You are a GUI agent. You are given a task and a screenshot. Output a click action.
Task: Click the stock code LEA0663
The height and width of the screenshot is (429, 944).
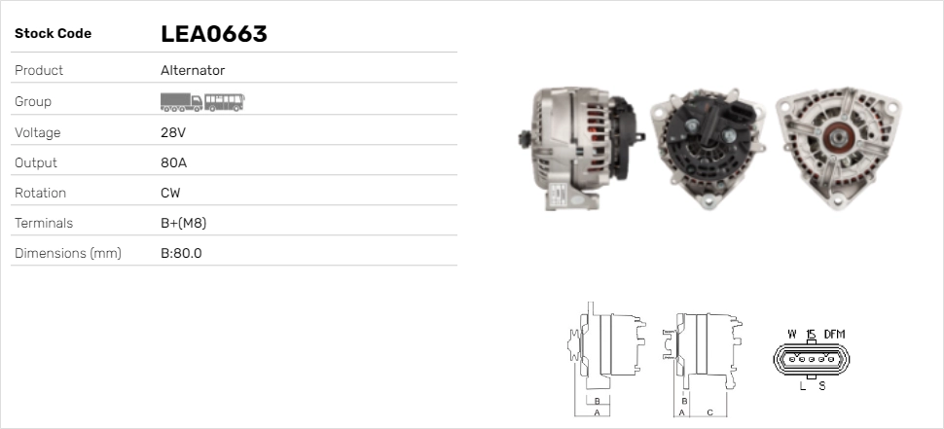tap(214, 34)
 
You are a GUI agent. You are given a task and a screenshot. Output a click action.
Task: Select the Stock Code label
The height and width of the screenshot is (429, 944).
tap(53, 34)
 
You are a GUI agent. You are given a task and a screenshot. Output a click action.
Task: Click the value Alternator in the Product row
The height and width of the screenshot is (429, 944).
tap(193, 70)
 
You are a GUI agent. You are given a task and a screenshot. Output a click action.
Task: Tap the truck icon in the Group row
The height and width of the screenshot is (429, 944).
tap(181, 102)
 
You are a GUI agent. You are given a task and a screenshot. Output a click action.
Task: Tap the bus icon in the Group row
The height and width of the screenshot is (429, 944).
tap(225, 102)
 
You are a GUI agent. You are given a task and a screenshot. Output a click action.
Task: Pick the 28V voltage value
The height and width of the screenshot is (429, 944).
tap(173, 132)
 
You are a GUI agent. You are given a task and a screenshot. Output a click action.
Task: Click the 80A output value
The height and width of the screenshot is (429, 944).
tap(173, 163)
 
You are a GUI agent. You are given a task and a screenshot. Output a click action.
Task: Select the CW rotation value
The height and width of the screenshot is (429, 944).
tap(170, 194)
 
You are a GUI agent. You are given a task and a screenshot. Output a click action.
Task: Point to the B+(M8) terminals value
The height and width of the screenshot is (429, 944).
tap(184, 223)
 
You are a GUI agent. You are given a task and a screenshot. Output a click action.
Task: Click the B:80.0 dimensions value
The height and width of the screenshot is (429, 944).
tap(181, 253)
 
